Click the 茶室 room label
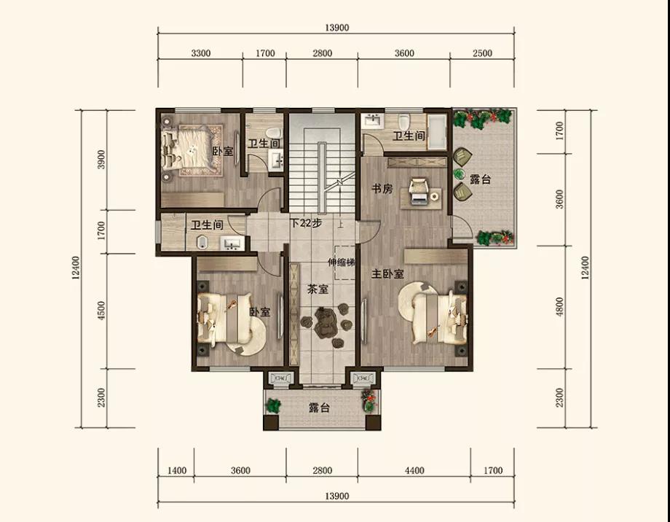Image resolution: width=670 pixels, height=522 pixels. tap(318, 289)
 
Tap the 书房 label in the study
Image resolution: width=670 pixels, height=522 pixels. tap(382, 189)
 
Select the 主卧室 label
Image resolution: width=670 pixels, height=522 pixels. tap(387, 274)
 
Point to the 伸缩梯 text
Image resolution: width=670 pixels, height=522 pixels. tap(342, 262)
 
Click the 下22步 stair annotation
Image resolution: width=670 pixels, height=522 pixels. tap(306, 223)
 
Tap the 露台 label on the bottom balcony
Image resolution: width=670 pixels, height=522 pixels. tap(320, 408)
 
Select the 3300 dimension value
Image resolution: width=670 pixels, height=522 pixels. tap(200, 53)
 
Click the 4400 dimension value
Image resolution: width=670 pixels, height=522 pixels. tap(414, 471)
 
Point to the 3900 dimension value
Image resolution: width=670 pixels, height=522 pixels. tap(101, 159)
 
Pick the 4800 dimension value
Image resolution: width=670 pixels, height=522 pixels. tap(560, 307)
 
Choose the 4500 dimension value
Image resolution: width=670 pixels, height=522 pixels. tap(101, 311)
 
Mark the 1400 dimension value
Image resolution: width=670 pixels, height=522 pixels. tap(176, 471)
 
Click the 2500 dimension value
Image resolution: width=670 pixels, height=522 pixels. tap(482, 53)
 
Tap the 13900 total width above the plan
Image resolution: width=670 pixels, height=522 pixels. tap(336, 28)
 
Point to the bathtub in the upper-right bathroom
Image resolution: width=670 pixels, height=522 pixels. tap(437, 132)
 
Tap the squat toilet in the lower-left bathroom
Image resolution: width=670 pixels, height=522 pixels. tap(202, 243)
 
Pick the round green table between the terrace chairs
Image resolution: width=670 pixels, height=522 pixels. tap(460, 174)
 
